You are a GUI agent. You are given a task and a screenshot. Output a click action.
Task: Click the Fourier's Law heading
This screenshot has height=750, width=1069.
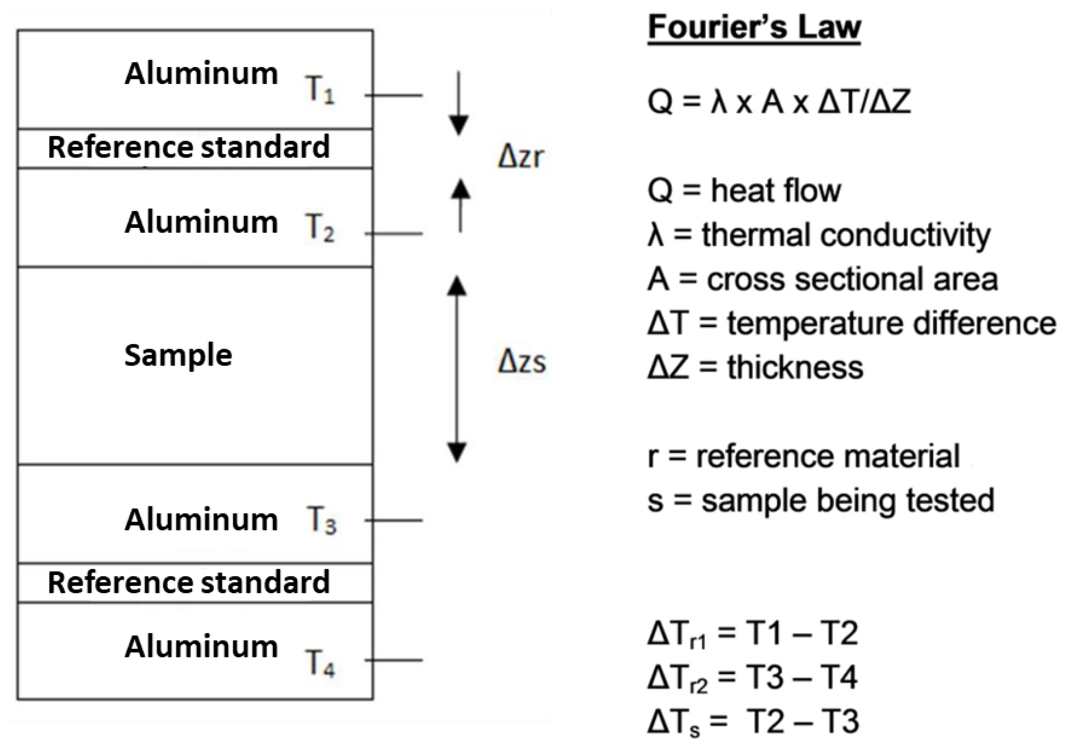(754, 28)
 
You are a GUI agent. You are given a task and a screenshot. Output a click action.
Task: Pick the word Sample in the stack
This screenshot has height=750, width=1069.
(178, 356)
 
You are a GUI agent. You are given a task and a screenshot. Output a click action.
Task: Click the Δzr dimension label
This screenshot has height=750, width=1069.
(521, 157)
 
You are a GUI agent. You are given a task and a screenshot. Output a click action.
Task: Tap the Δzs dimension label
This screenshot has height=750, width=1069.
(522, 362)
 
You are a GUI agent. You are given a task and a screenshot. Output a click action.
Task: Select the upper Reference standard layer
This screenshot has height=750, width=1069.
(189, 147)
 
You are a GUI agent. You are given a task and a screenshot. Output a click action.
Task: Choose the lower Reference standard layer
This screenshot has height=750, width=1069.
(189, 583)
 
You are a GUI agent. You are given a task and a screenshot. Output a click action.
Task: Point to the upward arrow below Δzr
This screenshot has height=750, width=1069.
(461, 205)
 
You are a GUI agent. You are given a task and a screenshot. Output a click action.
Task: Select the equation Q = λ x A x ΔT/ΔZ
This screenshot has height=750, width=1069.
(778, 102)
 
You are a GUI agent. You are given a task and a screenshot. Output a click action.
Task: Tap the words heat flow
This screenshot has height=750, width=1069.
(776, 190)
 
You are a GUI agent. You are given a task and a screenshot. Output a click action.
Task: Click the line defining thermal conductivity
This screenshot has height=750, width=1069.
(819, 235)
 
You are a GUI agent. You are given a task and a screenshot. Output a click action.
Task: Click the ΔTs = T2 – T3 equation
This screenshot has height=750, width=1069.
(752, 721)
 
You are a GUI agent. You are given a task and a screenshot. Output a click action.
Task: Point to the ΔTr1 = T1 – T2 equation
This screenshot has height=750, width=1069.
(752, 634)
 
